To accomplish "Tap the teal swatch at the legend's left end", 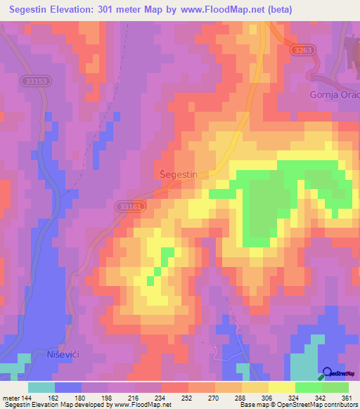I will [41, 387].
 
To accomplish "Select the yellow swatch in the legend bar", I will [282, 387].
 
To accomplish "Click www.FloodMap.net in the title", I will [217, 10].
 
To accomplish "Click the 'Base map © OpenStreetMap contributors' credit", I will [297, 405].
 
